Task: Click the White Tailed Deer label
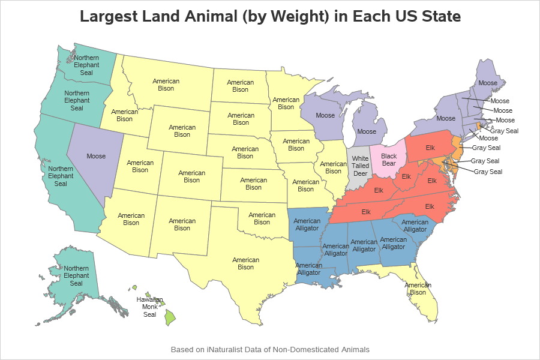coord(361,166)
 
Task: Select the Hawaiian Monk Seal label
coord(149,306)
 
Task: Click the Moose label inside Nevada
coord(96,156)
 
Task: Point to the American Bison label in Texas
coord(246,263)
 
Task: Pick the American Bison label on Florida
coord(418,289)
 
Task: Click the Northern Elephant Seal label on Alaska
coord(77,275)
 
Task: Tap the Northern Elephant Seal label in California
coord(61,176)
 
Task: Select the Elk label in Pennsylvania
coord(430,147)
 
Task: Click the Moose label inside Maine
coord(488,83)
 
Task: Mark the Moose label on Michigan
coord(367,131)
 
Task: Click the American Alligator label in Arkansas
coord(307,224)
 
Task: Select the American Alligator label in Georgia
coord(394,243)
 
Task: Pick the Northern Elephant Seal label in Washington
coord(86,65)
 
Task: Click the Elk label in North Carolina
coord(430,206)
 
